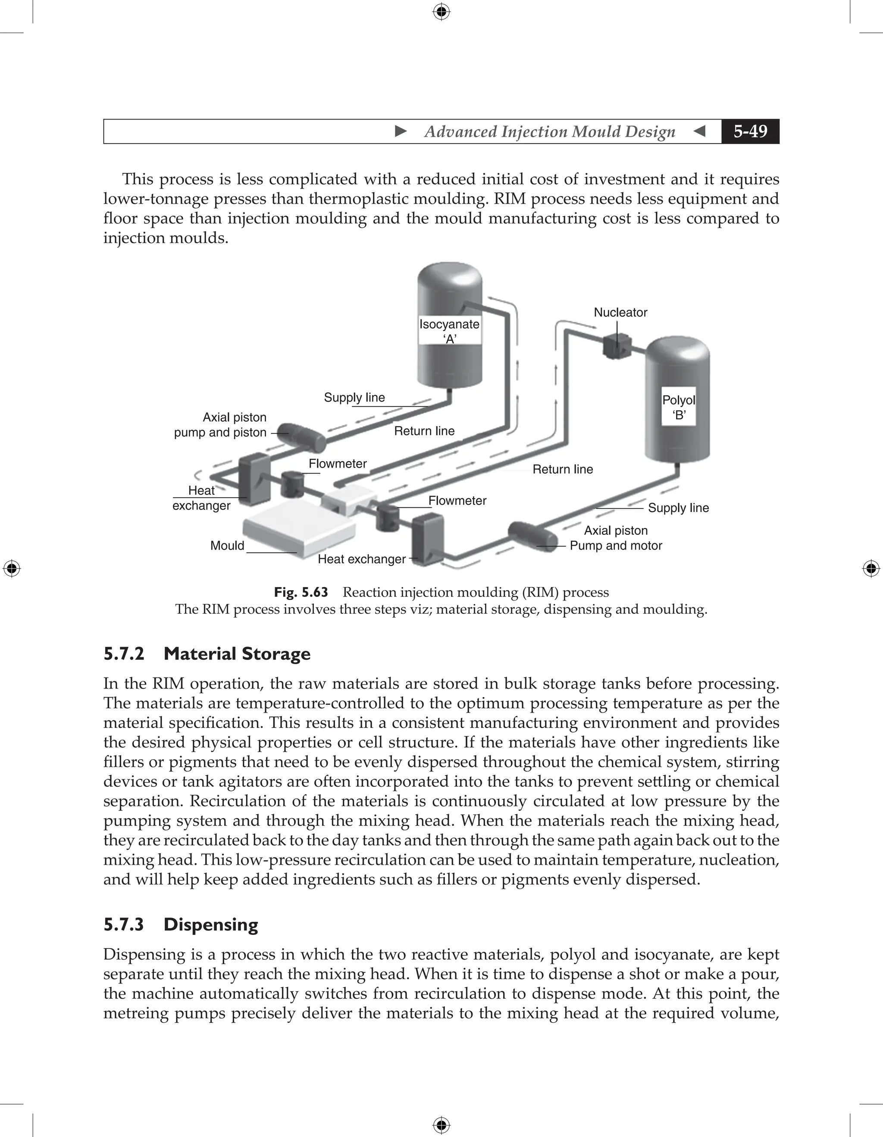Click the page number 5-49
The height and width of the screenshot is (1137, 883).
pos(750,131)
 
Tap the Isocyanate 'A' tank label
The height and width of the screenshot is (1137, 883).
pos(450,331)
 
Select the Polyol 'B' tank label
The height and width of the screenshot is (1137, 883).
pos(679,407)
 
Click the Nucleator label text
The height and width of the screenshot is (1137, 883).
pos(620,312)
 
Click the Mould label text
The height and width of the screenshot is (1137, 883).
pos(227,546)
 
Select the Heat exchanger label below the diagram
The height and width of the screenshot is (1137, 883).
pos(362,559)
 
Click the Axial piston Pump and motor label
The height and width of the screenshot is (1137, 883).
pos(616,538)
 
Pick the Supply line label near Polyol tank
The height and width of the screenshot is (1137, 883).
pos(678,508)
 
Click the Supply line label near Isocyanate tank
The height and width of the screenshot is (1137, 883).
pos(354,398)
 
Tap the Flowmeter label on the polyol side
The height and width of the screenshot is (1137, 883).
pos(457,501)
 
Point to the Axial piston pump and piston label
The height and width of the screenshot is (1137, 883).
pos(221,425)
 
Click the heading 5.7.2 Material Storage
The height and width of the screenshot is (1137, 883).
pos(207,654)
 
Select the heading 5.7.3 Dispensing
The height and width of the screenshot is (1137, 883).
pos(181,925)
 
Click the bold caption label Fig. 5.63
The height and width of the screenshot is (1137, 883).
pos(301,593)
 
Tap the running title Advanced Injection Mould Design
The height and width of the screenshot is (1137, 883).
pos(549,132)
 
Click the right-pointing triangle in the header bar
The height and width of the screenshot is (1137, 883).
pos(401,131)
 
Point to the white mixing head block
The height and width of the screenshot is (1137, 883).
pos(346,498)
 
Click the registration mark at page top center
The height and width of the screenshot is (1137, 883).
pos(441,12)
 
